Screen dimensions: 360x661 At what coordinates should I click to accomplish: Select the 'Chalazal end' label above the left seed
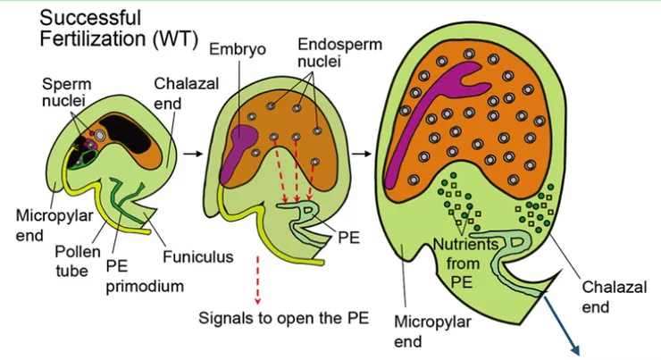[x=180, y=94]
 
